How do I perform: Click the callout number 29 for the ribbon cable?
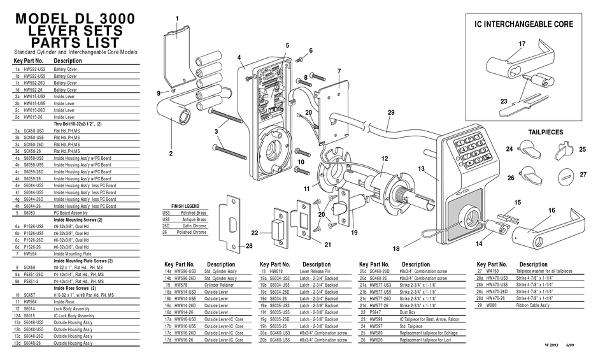coord(390,113)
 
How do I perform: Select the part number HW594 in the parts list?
coord(32,254)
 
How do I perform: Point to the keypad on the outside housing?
coord(471,152)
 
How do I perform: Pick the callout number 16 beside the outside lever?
coord(552,210)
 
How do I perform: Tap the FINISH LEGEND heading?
coord(185,206)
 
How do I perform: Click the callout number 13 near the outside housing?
coord(421,168)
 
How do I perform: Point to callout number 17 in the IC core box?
coord(522,43)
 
